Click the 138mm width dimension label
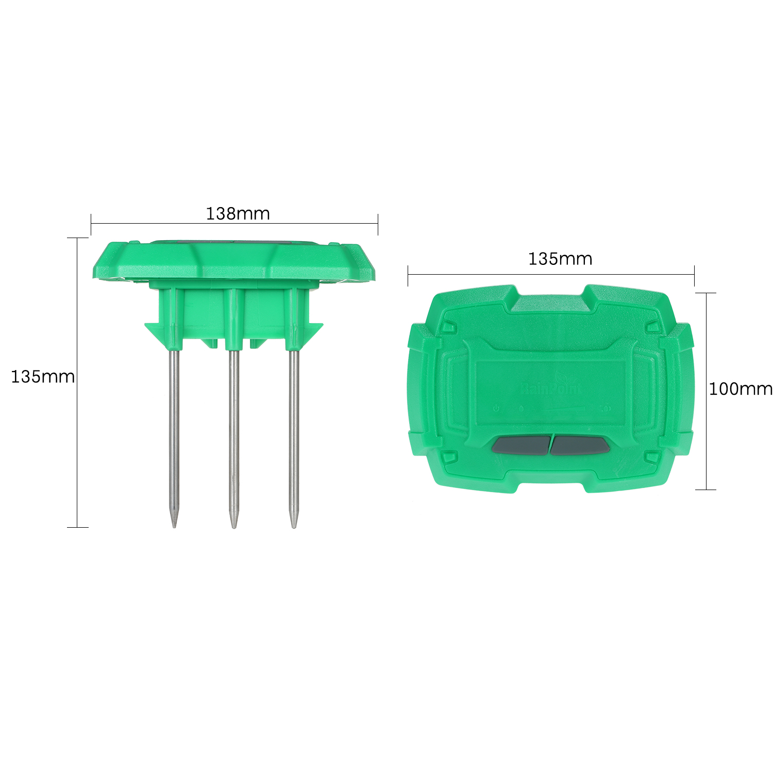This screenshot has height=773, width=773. (238, 213)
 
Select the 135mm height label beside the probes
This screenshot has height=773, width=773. (43, 377)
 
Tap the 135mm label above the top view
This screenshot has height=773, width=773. (560, 258)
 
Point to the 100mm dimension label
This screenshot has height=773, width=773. (741, 389)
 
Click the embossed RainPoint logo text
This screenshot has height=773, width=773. (550, 389)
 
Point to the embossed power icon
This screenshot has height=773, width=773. (496, 409)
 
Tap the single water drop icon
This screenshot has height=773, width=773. (521, 409)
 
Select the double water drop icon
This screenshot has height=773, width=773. (607, 409)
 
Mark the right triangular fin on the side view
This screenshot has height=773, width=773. (311, 332)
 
